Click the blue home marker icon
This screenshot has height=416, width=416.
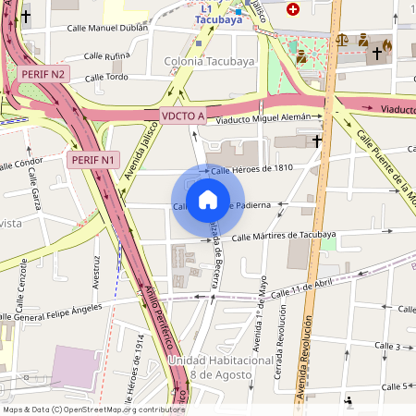(208, 199)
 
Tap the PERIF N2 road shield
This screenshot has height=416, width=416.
(43, 74)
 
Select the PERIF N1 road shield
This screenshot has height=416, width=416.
(93, 160)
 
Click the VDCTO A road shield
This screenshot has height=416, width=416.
(182, 116)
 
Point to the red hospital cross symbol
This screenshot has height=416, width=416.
(294, 9)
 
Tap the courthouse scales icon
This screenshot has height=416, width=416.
(343, 41)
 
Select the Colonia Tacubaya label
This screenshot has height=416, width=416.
(209, 62)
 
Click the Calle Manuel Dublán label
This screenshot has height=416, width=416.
(107, 29)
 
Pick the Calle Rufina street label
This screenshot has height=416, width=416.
(106, 56)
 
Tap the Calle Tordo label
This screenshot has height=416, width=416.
(106, 77)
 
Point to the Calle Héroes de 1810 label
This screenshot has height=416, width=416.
(251, 169)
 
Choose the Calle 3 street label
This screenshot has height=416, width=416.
(387, 346)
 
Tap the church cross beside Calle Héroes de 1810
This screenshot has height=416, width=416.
(317, 141)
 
